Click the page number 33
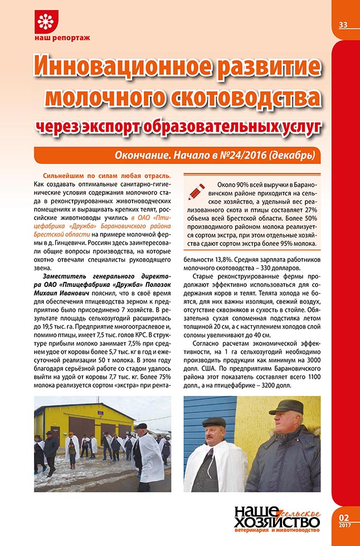(x=343, y=24)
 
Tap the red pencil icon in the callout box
(x=197, y=191)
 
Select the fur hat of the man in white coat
(x=215, y=421)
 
